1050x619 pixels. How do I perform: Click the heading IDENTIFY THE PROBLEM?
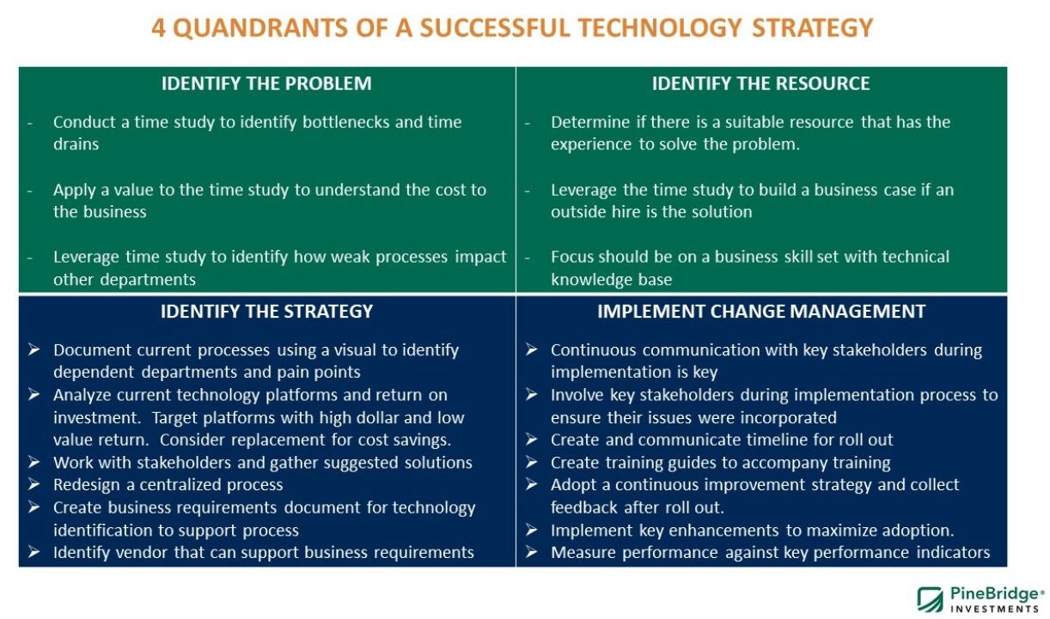click(266, 83)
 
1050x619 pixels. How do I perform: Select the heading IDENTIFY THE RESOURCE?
click(760, 83)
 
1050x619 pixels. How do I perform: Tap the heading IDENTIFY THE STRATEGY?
click(266, 312)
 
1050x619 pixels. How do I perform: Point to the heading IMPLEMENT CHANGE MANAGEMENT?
click(761, 312)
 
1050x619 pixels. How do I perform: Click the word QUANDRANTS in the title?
click(260, 28)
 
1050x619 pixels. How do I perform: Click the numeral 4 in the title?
click(158, 28)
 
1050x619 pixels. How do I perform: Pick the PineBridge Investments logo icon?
click(930, 599)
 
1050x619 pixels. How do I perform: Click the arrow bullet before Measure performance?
click(531, 552)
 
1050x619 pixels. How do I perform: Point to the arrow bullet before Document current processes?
click(34, 349)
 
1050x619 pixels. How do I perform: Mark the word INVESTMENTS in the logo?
click(995, 610)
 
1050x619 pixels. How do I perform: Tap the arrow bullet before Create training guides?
click(531, 462)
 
